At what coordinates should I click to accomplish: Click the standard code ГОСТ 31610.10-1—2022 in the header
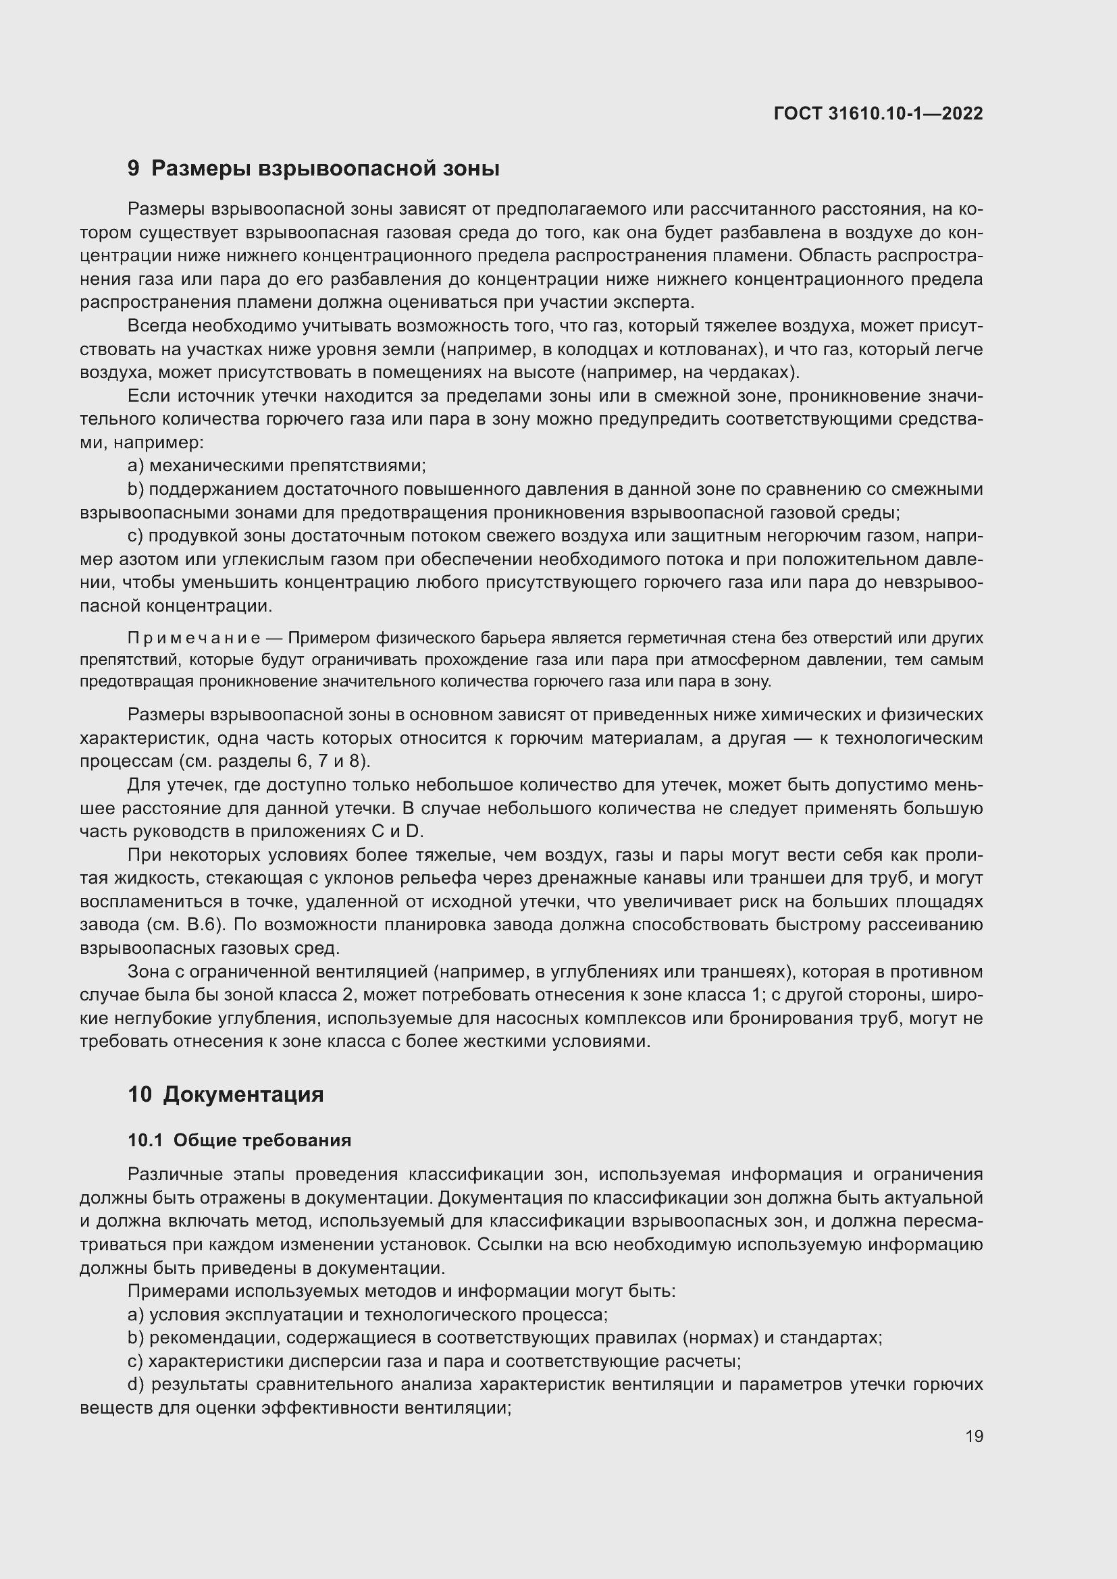click(x=878, y=113)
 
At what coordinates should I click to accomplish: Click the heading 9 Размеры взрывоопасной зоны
click(x=313, y=169)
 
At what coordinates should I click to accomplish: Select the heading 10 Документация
click(x=226, y=1094)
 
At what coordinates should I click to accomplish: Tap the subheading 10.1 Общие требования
click(x=239, y=1140)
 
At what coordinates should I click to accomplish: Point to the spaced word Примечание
click(x=194, y=638)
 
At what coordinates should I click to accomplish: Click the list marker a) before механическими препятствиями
click(x=136, y=466)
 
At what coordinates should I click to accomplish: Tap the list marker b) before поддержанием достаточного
click(x=136, y=489)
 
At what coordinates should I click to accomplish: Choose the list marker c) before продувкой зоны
click(x=135, y=536)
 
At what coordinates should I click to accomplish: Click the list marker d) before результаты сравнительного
click(x=136, y=1384)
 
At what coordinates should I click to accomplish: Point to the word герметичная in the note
click(x=584, y=638)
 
